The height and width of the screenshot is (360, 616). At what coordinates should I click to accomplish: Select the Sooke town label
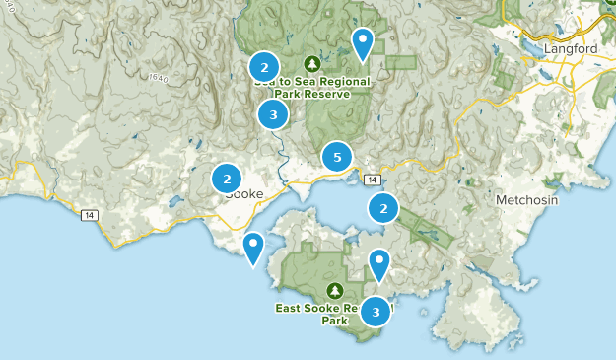coord(243,193)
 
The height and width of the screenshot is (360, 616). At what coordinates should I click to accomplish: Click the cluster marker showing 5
coord(337,156)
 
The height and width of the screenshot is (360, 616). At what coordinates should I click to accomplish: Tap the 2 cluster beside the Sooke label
coord(227,179)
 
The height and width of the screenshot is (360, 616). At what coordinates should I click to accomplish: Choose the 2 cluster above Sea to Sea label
coord(263,66)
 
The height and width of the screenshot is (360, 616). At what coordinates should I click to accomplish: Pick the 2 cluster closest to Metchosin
coord(382,208)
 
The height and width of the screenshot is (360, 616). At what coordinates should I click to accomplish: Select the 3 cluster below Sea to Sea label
coord(272,115)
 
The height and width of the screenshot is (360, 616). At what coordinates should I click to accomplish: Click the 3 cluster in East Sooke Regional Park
coord(375,312)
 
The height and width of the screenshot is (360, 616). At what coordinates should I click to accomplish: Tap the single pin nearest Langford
coord(364,42)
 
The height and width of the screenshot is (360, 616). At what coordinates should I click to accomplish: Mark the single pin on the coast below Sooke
coord(253,247)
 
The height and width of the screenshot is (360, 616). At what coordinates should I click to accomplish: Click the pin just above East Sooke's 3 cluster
coord(379,263)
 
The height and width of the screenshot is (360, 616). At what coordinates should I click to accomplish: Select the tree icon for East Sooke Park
coord(335,291)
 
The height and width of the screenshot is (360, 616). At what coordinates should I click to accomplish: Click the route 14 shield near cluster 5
coord(371,180)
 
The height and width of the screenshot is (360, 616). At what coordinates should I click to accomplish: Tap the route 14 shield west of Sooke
coord(89,215)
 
